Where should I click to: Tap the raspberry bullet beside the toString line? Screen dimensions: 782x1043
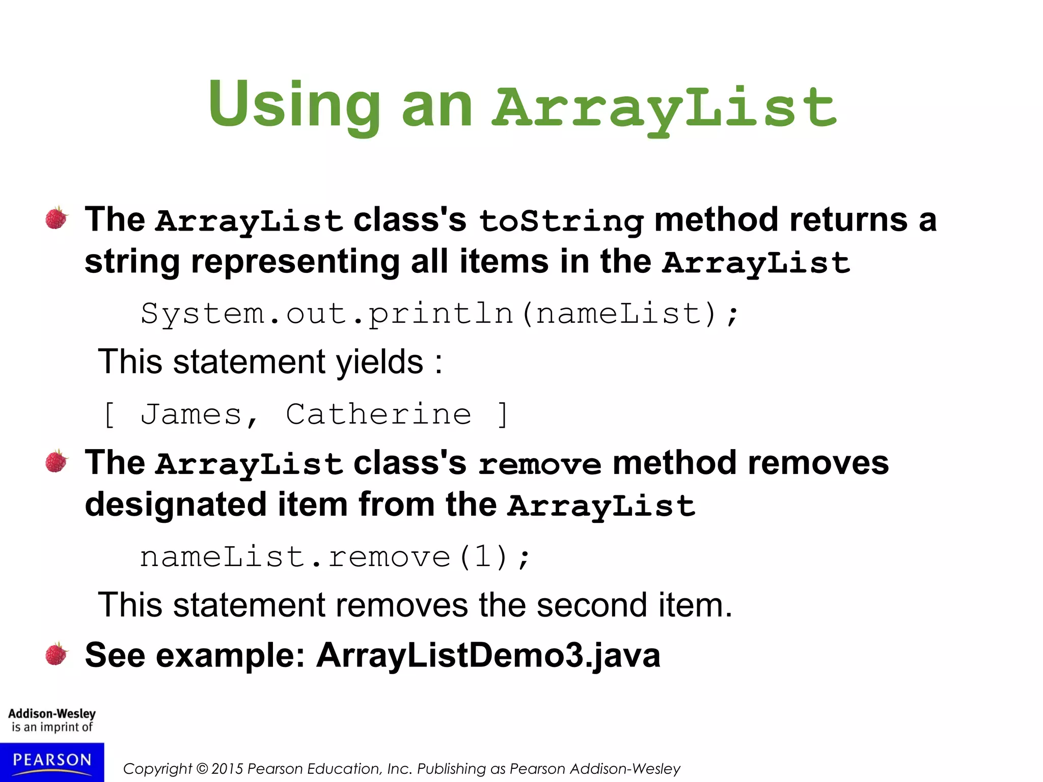tap(56, 218)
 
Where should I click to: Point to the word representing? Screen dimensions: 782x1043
tap(295, 262)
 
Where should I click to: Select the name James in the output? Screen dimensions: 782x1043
tap(191, 414)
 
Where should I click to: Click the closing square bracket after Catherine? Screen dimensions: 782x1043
tap(503, 414)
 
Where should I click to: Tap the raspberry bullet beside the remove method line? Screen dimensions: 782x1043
tap(56, 461)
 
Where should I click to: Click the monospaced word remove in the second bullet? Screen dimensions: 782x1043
tap(539, 464)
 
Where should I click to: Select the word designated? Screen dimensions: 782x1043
tap(176, 505)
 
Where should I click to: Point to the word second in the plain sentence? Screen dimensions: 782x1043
tap(591, 605)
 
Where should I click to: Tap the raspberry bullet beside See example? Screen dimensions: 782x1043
tap(56, 654)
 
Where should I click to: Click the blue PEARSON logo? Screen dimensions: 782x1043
tap(52, 762)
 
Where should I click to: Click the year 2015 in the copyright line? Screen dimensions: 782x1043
tap(228, 769)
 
